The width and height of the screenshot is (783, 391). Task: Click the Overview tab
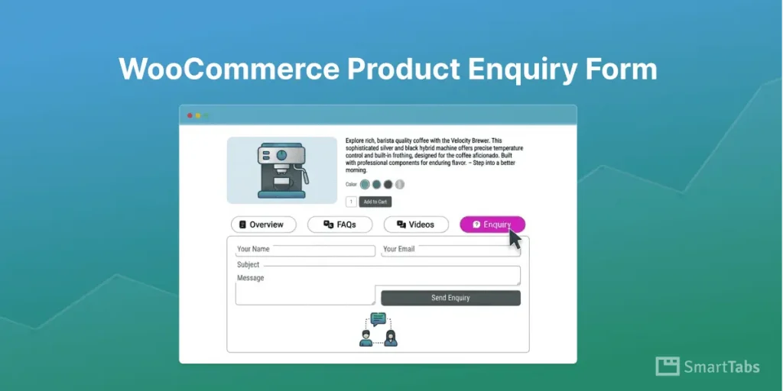click(x=262, y=225)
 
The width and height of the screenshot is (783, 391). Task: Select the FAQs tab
click(x=340, y=225)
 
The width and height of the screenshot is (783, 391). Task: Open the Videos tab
click(x=415, y=225)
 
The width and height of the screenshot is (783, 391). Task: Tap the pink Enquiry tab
click(x=492, y=225)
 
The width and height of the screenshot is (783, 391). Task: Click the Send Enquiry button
click(x=450, y=298)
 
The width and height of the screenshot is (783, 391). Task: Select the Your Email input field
click(x=451, y=250)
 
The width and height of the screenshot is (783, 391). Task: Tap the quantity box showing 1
click(x=351, y=202)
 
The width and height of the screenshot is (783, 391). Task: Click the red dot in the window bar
click(x=190, y=115)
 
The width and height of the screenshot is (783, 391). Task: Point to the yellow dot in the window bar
click(x=198, y=115)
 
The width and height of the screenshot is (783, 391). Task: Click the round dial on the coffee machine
click(x=281, y=154)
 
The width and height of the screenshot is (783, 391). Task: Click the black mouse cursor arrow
click(x=515, y=239)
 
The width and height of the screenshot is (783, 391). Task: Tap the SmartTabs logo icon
click(x=668, y=367)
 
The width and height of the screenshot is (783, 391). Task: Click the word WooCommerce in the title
click(x=229, y=69)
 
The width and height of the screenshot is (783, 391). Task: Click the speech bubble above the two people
click(x=379, y=319)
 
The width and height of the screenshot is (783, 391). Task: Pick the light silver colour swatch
click(x=400, y=184)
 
